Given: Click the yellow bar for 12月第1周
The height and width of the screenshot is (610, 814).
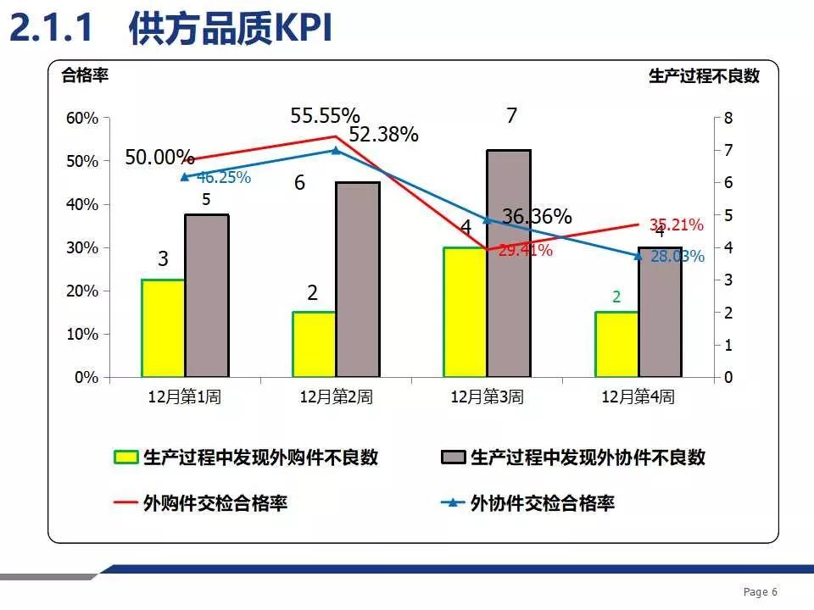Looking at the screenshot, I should click(x=163, y=328).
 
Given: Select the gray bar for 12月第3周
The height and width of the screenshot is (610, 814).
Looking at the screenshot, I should click(x=509, y=263).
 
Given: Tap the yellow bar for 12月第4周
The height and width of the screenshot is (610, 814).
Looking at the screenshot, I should click(x=616, y=344).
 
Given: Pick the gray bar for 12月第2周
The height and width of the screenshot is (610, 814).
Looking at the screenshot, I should click(x=358, y=280).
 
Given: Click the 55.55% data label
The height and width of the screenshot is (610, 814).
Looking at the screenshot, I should click(x=325, y=115).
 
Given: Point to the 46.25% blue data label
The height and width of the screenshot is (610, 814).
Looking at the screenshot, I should click(x=224, y=178).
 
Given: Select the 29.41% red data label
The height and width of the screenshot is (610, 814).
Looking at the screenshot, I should click(x=526, y=250).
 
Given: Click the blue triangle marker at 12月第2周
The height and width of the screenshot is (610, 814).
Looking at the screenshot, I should click(x=336, y=151).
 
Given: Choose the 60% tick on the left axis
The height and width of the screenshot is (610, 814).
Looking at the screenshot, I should click(x=82, y=118).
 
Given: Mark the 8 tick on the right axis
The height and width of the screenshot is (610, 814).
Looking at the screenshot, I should click(x=728, y=118).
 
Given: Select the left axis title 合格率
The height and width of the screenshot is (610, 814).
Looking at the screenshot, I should click(x=86, y=75).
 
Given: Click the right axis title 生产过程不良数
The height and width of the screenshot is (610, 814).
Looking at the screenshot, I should click(x=704, y=75).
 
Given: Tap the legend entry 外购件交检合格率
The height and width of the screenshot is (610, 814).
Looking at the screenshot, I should click(x=215, y=503).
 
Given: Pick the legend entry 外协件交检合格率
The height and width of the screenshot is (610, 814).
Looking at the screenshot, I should click(x=543, y=503).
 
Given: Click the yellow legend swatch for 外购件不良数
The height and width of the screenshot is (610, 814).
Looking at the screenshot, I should click(x=125, y=457).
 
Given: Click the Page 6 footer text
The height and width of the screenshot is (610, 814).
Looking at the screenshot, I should click(x=761, y=592).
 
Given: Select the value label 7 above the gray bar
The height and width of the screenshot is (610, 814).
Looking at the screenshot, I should click(x=511, y=116).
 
